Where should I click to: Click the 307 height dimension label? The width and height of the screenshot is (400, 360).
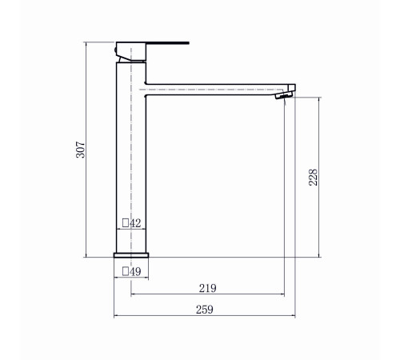81,150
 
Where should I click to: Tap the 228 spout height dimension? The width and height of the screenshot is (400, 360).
313,178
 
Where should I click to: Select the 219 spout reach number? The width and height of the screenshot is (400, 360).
208,288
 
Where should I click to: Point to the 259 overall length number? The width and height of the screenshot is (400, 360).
205,310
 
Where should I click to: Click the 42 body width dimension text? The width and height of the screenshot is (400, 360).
135,223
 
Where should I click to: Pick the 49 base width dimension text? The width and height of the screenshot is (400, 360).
135,271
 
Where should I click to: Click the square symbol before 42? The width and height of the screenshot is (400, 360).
126,222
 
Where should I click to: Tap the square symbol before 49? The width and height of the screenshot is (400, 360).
126,271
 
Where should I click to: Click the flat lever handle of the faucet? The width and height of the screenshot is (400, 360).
167,43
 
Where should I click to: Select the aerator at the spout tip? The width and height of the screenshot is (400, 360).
284,95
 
